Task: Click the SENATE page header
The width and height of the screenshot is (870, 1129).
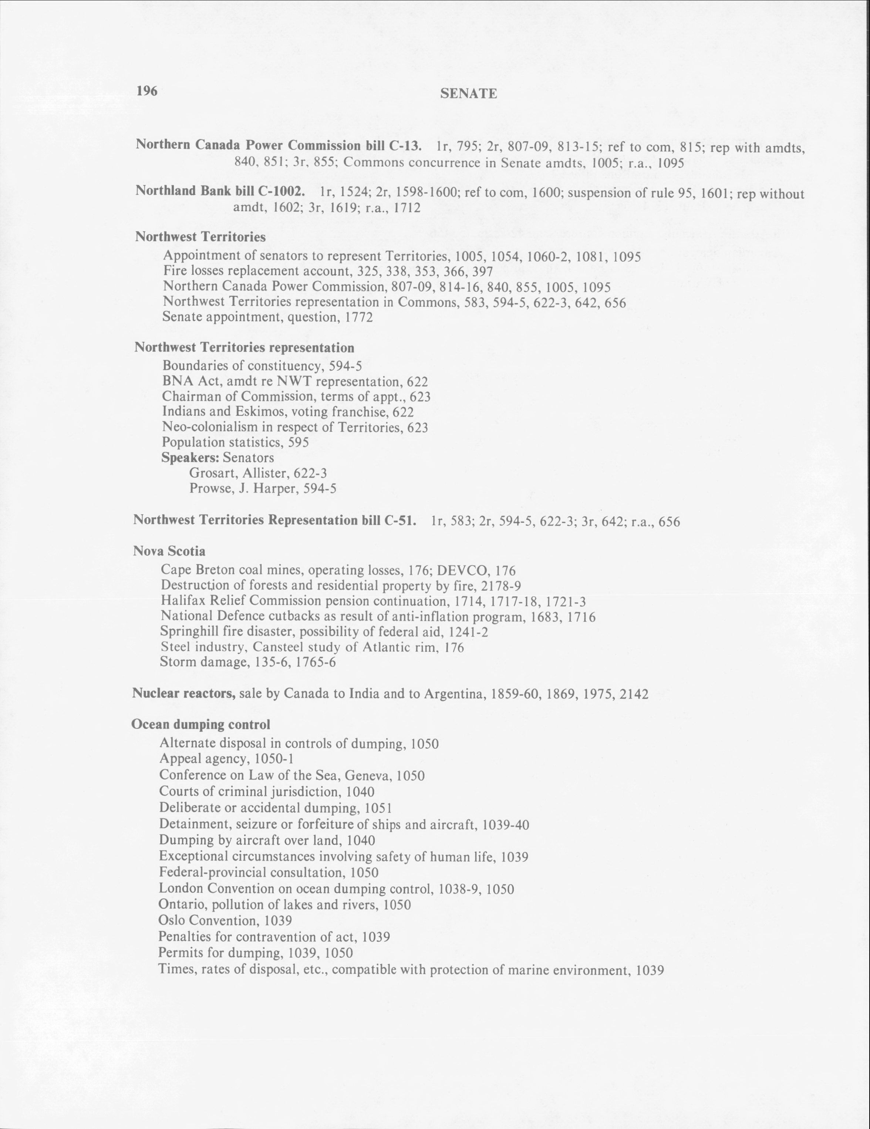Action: click(468, 94)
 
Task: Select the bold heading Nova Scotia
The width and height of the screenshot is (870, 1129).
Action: click(169, 551)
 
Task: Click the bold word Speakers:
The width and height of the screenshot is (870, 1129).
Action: click(191, 458)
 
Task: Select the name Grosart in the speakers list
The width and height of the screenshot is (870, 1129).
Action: click(211, 473)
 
